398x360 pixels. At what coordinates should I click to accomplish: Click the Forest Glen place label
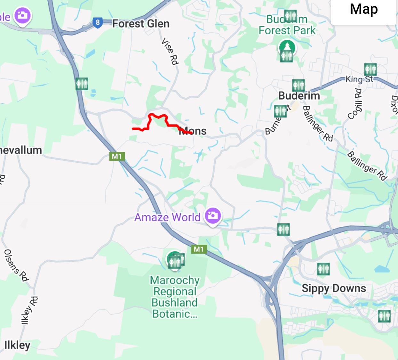pyautogui.click(x=140, y=24)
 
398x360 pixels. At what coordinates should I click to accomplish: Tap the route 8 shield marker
pyautogui.click(x=98, y=22)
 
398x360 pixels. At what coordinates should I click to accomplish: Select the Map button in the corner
pyautogui.click(x=364, y=9)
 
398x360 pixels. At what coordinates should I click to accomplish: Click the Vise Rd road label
pyautogui.click(x=170, y=51)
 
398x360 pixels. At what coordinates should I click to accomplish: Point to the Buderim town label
pyautogui.click(x=299, y=96)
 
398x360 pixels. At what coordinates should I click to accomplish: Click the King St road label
pyautogui.click(x=359, y=79)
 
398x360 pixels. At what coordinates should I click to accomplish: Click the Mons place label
pyautogui.click(x=193, y=131)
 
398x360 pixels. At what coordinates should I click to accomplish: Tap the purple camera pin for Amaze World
pyautogui.click(x=212, y=215)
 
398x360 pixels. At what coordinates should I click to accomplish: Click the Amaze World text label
pyautogui.click(x=167, y=217)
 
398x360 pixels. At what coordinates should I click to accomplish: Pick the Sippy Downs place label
pyautogui.click(x=334, y=288)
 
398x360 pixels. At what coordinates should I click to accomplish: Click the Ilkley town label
pyautogui.click(x=17, y=345)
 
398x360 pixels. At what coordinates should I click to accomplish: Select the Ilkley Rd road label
pyautogui.click(x=29, y=310)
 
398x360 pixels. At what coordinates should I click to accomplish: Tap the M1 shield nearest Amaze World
pyautogui.click(x=198, y=249)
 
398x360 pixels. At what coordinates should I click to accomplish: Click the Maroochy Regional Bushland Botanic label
pyautogui.click(x=175, y=297)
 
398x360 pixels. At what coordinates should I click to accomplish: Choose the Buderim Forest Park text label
pyautogui.click(x=287, y=25)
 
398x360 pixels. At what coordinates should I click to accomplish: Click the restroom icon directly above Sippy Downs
pyautogui.click(x=323, y=269)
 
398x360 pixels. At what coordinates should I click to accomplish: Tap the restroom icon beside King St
pyautogui.click(x=370, y=69)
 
